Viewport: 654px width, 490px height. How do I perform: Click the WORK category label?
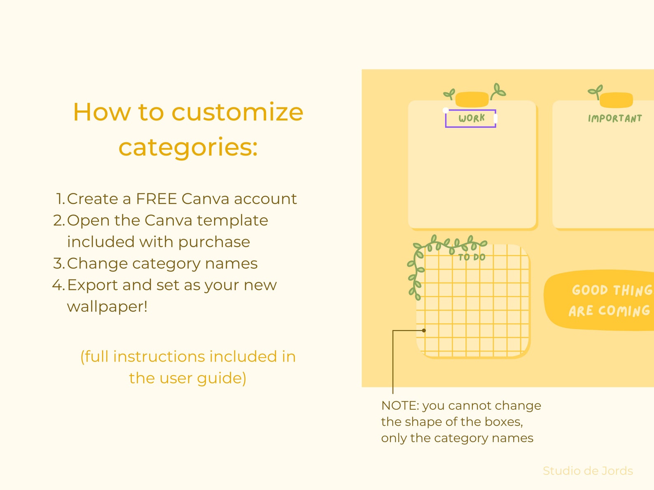[472, 118]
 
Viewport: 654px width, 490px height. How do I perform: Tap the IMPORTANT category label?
[614, 118]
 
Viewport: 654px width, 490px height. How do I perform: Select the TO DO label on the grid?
[472, 257]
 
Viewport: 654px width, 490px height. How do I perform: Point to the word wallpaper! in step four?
[107, 307]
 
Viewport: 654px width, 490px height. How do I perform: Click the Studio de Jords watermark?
[588, 471]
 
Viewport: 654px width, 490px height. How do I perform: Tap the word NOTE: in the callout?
[400, 406]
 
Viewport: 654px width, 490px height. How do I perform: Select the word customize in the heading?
[237, 112]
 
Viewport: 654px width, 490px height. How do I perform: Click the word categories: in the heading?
[188, 147]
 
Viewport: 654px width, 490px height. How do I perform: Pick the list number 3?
[58, 263]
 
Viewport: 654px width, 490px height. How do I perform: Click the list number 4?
[58, 285]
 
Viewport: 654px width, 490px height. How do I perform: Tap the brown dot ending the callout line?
[424, 330]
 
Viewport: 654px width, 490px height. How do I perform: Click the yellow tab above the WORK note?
[472, 99]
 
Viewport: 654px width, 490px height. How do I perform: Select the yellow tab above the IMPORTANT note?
[616, 100]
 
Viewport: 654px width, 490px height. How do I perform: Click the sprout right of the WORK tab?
[498, 91]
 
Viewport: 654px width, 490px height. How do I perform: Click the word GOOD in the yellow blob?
[590, 290]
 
